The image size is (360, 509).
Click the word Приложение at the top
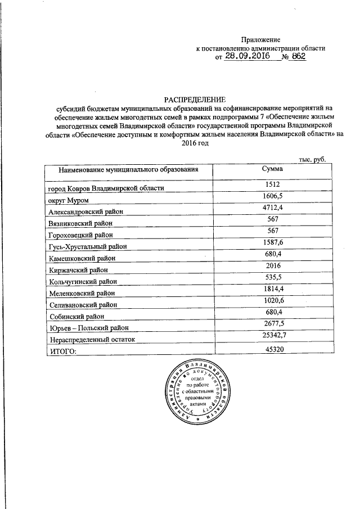click(260, 39)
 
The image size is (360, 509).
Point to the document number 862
click(298, 57)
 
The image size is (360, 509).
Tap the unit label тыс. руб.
click(312, 159)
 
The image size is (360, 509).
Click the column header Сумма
click(272, 169)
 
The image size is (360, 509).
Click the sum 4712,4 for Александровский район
click(272, 208)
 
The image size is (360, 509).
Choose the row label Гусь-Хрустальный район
click(88, 246)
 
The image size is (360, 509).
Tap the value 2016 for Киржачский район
click(272, 266)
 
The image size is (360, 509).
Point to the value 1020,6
click(272, 301)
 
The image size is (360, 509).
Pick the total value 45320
click(272, 349)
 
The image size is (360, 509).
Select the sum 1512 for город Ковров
click(272, 184)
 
